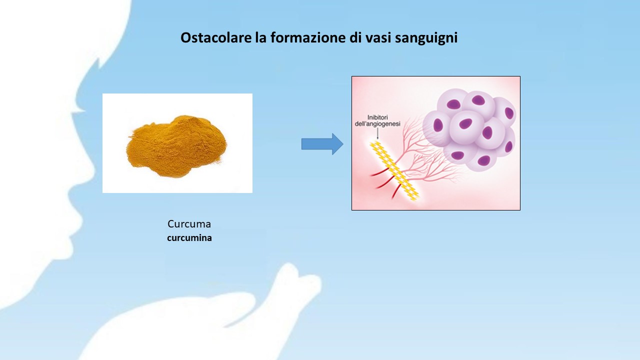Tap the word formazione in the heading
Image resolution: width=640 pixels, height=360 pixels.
(307, 37)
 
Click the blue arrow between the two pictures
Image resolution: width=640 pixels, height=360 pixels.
(322, 144)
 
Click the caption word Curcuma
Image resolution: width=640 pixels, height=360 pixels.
(189, 224)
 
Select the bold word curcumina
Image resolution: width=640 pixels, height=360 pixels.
(189, 238)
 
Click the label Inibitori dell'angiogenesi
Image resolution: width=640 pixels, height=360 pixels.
(377, 120)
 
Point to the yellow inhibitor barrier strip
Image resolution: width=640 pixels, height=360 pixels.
(394, 170)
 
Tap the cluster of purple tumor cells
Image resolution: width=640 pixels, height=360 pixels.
(469, 129)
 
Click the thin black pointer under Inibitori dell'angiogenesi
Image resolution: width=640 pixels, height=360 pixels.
(377, 133)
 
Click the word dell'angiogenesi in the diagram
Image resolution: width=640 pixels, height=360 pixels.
(377, 124)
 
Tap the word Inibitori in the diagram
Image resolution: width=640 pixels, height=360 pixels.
(377, 117)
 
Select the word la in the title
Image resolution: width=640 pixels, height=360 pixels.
(261, 37)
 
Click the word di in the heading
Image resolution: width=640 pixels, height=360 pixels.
(354, 37)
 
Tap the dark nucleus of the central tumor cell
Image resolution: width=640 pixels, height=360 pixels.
(465, 123)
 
